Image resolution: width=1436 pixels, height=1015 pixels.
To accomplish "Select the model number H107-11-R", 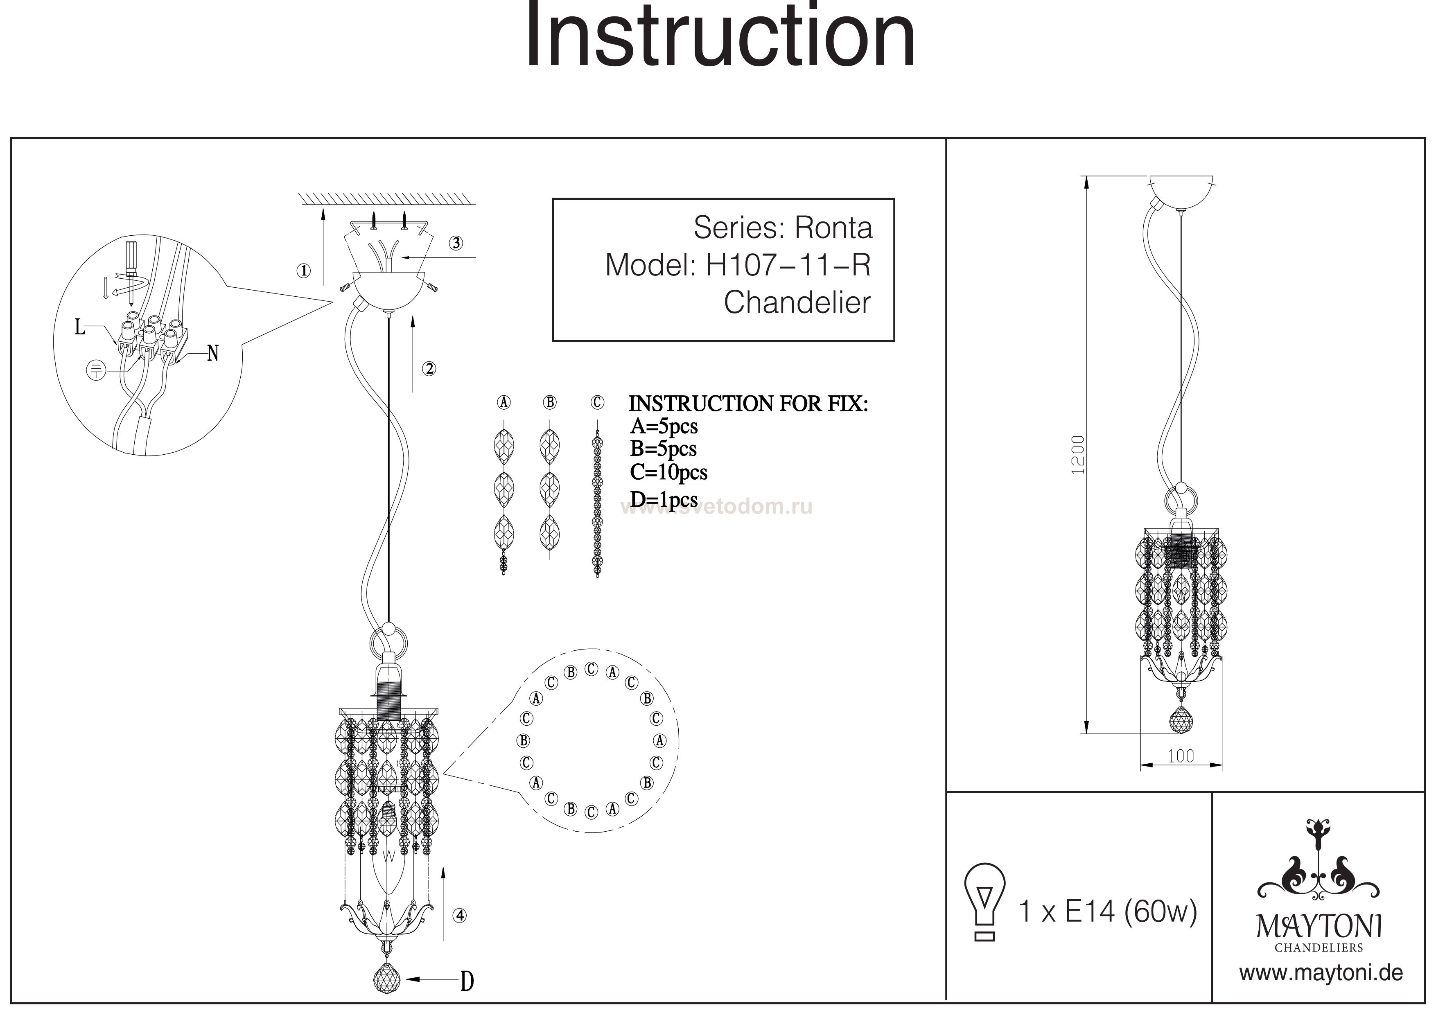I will tap(788, 266).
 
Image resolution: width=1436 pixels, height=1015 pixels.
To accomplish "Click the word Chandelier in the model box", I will tap(797, 303).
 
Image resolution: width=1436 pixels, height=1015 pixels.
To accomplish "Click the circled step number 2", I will tap(429, 369).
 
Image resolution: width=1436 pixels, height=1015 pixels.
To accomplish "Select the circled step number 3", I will tap(456, 243).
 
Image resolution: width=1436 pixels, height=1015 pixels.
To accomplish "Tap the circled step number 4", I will tap(460, 916).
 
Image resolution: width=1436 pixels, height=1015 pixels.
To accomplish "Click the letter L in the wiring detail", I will tap(80, 327).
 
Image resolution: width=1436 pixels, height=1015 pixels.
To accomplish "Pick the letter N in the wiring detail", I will tap(212, 354).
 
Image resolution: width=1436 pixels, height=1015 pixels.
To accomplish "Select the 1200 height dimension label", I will tap(1078, 455).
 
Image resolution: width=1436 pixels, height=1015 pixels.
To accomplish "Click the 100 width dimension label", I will tap(1181, 756).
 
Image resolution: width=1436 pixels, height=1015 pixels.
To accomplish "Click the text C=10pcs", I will tap(668, 472).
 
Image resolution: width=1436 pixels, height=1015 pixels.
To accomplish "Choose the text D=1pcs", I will tap(664, 500).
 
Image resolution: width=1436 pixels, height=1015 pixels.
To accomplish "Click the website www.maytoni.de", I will tap(1321, 974).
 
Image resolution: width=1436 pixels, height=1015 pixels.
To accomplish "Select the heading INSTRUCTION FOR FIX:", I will tap(748, 404).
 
